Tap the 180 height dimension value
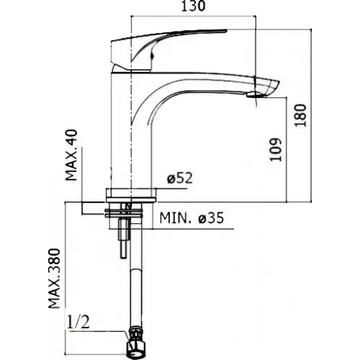point(301,114)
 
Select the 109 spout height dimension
point(276,148)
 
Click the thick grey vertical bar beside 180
point(314,115)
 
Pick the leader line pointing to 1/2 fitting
point(108,332)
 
